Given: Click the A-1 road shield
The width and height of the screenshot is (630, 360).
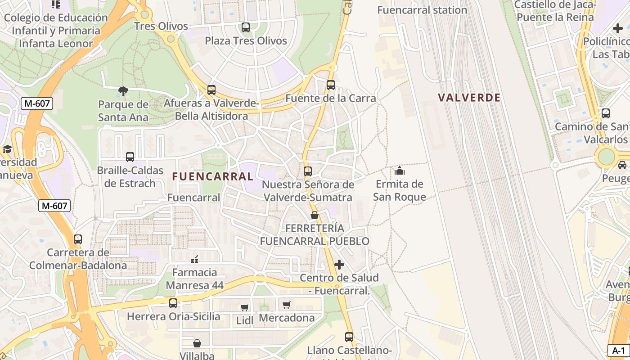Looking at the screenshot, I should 619,351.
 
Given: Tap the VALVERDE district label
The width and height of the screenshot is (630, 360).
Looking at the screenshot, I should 469,98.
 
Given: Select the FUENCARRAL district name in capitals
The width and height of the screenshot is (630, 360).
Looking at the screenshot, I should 212,176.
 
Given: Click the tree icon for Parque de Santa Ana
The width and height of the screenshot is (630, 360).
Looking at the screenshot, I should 123,92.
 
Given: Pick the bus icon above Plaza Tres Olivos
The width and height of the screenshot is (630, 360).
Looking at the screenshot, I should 246,27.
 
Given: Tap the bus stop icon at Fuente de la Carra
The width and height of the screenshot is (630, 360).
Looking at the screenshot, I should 331,85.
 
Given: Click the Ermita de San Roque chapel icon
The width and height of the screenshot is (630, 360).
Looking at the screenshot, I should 399,171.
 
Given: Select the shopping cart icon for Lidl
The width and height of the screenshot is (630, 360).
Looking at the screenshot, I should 244,307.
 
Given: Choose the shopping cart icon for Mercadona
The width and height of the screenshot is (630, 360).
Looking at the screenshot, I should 286,305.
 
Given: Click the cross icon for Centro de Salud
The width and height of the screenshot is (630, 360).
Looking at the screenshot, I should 339,265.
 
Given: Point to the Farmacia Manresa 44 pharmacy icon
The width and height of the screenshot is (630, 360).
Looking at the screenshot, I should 194,259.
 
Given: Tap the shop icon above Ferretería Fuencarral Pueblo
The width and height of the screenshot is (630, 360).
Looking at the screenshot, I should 315,215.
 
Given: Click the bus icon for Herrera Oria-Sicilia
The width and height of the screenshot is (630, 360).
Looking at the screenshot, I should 173,303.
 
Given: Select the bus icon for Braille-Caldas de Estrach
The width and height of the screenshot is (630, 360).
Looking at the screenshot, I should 130,157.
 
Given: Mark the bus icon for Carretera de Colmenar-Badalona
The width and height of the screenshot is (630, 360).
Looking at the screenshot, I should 78,239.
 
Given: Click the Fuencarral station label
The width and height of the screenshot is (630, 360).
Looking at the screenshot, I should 422,10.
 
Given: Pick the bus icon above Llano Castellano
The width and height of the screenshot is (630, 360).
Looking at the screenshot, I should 349,337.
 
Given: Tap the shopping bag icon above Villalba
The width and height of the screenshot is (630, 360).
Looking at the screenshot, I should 197,343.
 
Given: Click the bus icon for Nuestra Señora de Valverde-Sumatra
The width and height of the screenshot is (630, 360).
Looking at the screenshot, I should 308,171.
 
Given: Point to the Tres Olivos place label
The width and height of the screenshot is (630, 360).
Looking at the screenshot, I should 161,26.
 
